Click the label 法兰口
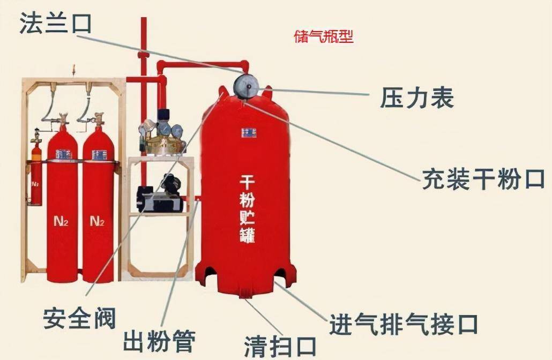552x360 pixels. [56, 25]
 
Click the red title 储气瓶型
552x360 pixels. [324, 37]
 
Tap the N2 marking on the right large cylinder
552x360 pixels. [97, 220]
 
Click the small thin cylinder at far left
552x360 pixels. [36, 177]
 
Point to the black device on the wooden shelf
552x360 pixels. [160, 195]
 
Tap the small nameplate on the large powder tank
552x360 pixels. [248, 132]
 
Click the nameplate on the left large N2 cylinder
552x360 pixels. [64, 154]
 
